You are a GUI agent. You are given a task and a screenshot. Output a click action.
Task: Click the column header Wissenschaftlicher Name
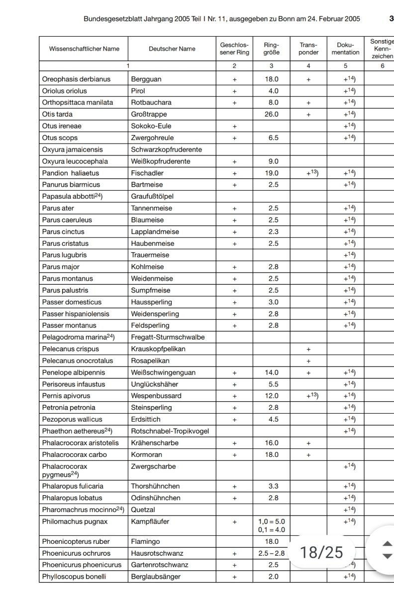84,49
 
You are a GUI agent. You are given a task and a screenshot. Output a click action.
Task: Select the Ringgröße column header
271,48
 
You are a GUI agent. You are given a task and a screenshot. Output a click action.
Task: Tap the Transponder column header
308,48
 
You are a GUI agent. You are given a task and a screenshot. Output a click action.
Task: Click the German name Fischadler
147,173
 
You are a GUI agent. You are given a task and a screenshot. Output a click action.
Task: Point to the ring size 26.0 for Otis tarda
271,114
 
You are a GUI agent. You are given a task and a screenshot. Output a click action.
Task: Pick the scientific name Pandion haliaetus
71,173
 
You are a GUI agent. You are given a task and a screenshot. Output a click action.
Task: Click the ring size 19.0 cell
271,173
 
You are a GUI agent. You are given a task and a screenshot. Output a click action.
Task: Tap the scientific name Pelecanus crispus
71,349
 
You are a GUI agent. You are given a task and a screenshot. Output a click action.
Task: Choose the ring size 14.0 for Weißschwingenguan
271,372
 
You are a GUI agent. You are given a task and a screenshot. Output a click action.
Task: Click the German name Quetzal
142,510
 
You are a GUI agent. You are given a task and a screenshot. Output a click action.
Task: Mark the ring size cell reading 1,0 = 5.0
271,521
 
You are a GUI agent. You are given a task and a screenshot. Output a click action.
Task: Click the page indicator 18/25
322,552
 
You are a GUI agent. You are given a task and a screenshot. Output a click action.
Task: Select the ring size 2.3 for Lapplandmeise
271,231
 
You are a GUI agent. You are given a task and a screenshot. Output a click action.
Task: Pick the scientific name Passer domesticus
72,302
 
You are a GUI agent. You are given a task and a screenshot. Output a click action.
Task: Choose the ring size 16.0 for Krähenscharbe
271,443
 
